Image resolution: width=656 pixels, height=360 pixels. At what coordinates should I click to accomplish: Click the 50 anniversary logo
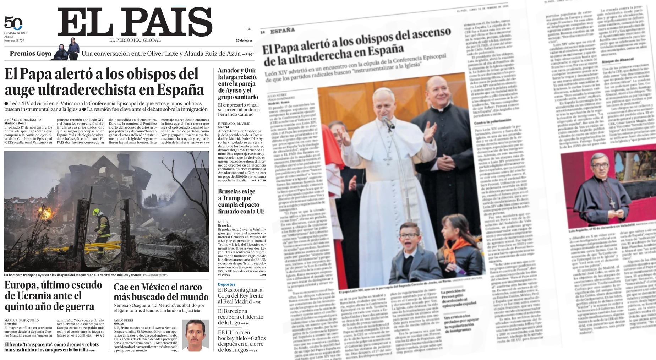tap(13, 23)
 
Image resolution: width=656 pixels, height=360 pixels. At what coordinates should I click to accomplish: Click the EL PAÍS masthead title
tap(135, 22)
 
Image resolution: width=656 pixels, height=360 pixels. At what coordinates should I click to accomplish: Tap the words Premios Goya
tap(31, 54)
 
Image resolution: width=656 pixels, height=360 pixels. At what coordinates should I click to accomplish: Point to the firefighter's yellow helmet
tap(96, 212)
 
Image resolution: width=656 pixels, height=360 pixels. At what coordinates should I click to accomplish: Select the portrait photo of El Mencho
tap(195, 336)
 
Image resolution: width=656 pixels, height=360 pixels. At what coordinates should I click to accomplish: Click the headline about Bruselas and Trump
tap(241, 201)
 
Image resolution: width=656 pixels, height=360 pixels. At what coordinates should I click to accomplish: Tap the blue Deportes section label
tap(226, 284)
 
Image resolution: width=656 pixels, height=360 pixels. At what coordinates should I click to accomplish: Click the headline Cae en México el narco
tap(161, 292)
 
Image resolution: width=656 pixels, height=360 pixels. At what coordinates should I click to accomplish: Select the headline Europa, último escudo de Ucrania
tap(53, 295)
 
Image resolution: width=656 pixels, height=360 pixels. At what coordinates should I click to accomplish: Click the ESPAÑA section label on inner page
tap(283, 31)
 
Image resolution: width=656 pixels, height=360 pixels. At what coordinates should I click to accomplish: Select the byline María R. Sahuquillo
tap(21, 320)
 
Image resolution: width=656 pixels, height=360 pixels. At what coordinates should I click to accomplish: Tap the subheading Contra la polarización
tap(493, 122)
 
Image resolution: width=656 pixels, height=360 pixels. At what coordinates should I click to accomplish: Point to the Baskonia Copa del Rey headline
tap(240, 296)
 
